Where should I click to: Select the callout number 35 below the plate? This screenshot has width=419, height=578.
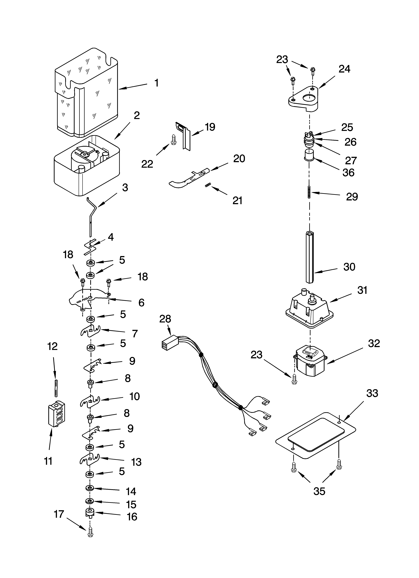319,491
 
